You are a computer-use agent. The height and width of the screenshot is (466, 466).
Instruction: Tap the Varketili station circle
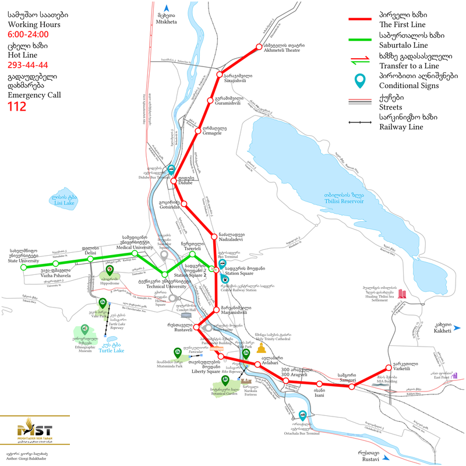click(389, 368)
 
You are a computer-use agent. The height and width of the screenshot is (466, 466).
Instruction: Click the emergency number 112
click(16, 106)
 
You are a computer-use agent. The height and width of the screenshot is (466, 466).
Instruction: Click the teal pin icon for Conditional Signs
click(362, 81)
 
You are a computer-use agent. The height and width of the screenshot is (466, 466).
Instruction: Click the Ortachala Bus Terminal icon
click(303, 415)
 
